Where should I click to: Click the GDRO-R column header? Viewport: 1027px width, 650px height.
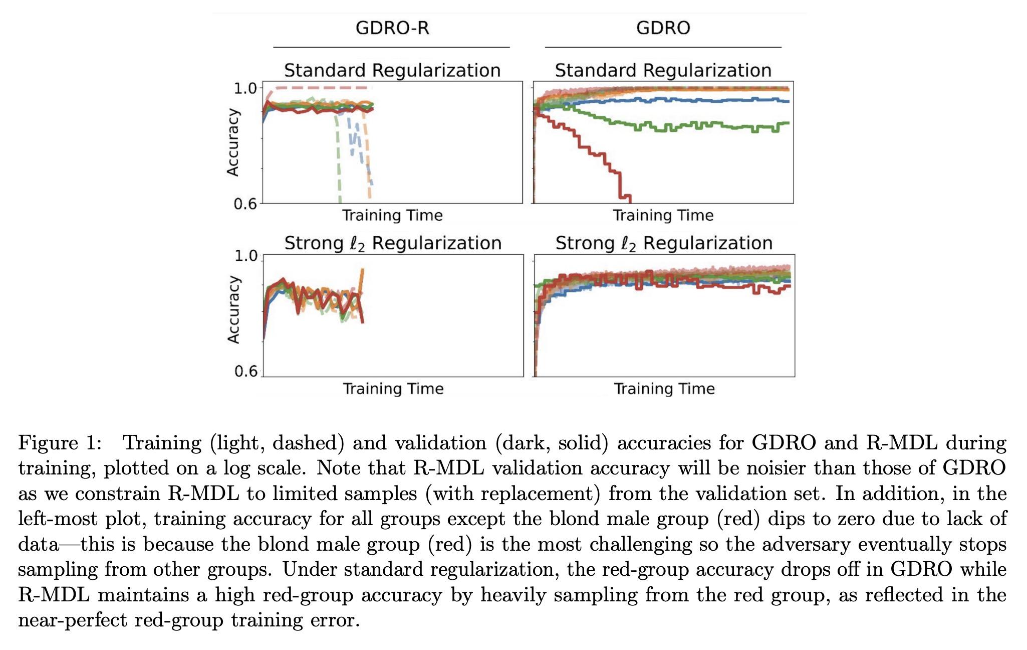(392, 28)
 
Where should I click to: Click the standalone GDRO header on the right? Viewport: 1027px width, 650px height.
(663, 28)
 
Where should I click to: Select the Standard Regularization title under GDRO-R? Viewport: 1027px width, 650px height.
(392, 70)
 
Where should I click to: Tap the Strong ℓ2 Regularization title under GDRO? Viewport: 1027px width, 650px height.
(664, 243)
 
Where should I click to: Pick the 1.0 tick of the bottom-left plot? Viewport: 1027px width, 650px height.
(245, 256)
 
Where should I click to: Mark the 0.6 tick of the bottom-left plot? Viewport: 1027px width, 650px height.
(245, 372)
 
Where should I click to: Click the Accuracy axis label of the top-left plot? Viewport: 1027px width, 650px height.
(233, 143)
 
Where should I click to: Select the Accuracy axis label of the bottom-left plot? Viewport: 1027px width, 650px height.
(233, 310)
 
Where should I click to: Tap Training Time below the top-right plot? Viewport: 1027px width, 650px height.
(663, 216)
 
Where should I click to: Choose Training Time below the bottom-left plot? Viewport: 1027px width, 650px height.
(393, 389)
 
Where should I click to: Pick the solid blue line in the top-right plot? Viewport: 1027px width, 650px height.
(701, 100)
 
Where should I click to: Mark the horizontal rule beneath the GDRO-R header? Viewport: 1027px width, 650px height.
(391, 47)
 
